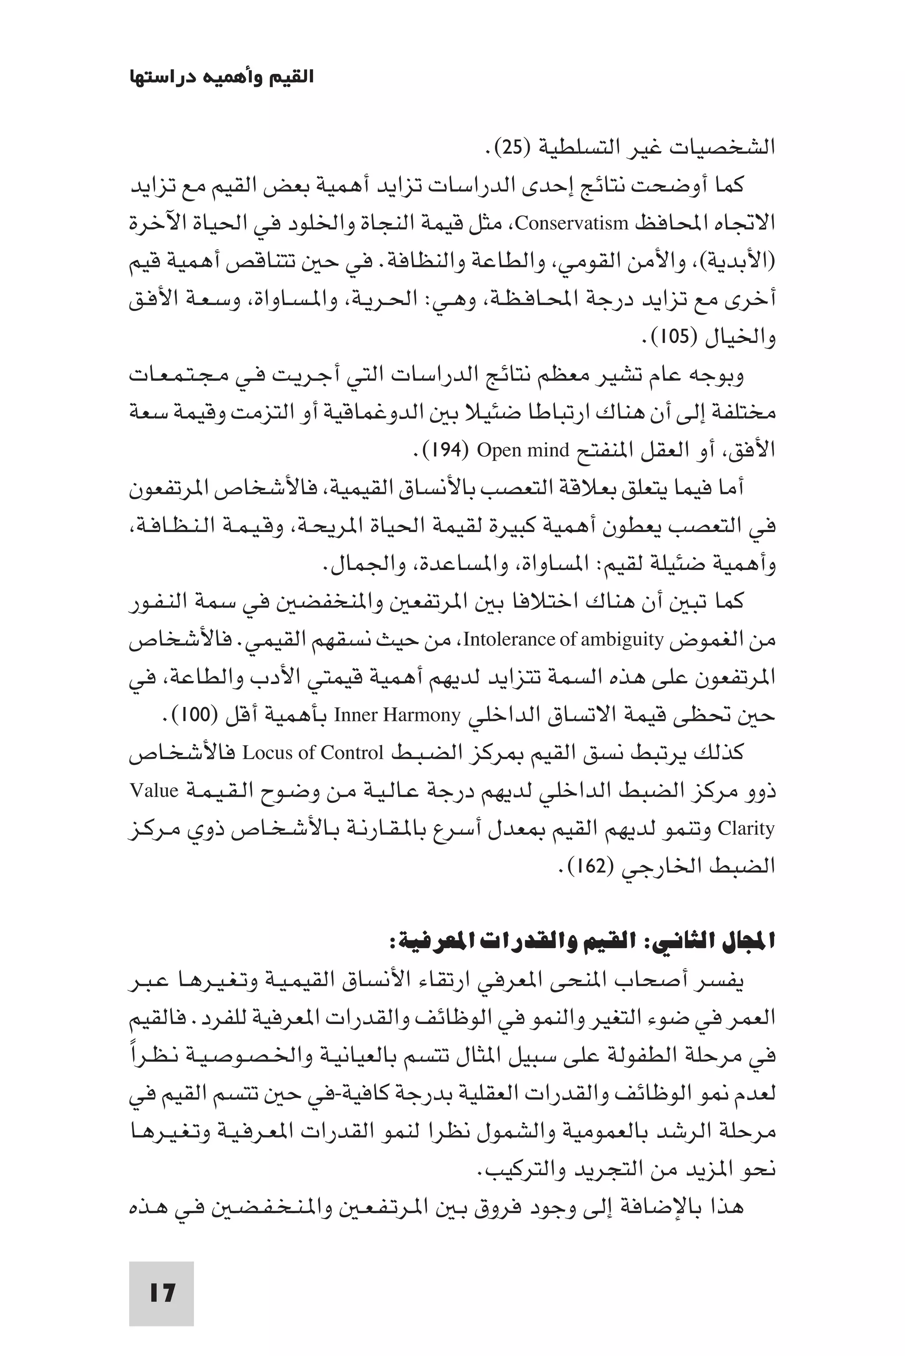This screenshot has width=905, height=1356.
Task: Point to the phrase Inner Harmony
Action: (x=398, y=715)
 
